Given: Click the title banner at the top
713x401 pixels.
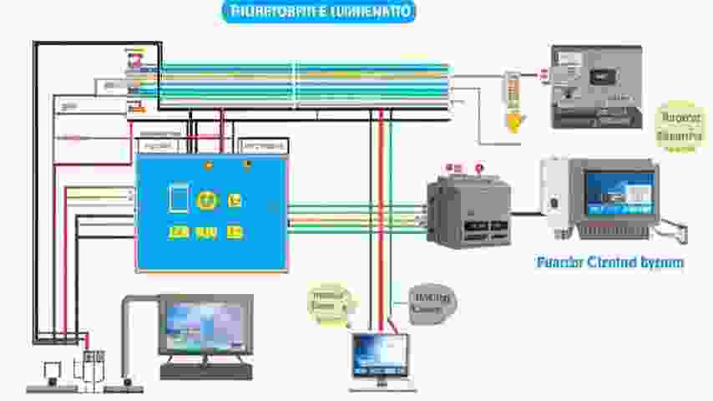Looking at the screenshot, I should pyautogui.click(x=319, y=12).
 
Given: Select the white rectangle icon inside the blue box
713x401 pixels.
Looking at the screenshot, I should pyautogui.click(x=179, y=198).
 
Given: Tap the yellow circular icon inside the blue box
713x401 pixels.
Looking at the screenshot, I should pyautogui.click(x=206, y=200).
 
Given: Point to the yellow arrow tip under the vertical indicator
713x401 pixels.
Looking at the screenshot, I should pyautogui.click(x=513, y=124).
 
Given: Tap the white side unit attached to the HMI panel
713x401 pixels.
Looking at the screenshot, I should pyautogui.click(x=553, y=194).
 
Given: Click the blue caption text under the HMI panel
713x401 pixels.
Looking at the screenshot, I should pyautogui.click(x=610, y=262).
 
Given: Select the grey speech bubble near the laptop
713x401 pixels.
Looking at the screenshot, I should pyautogui.click(x=432, y=302).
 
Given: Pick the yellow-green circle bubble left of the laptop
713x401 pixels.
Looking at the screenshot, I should pyautogui.click(x=331, y=304).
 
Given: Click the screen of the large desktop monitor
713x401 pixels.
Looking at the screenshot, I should pyautogui.click(x=205, y=325).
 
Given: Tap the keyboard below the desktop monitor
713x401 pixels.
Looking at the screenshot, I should pyautogui.click(x=205, y=371).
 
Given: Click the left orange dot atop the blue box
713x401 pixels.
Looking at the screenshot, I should pyautogui.click(x=208, y=165).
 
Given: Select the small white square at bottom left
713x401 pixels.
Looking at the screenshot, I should pyautogui.click(x=52, y=368).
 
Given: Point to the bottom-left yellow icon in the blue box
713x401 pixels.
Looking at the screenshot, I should pyautogui.click(x=177, y=232).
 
